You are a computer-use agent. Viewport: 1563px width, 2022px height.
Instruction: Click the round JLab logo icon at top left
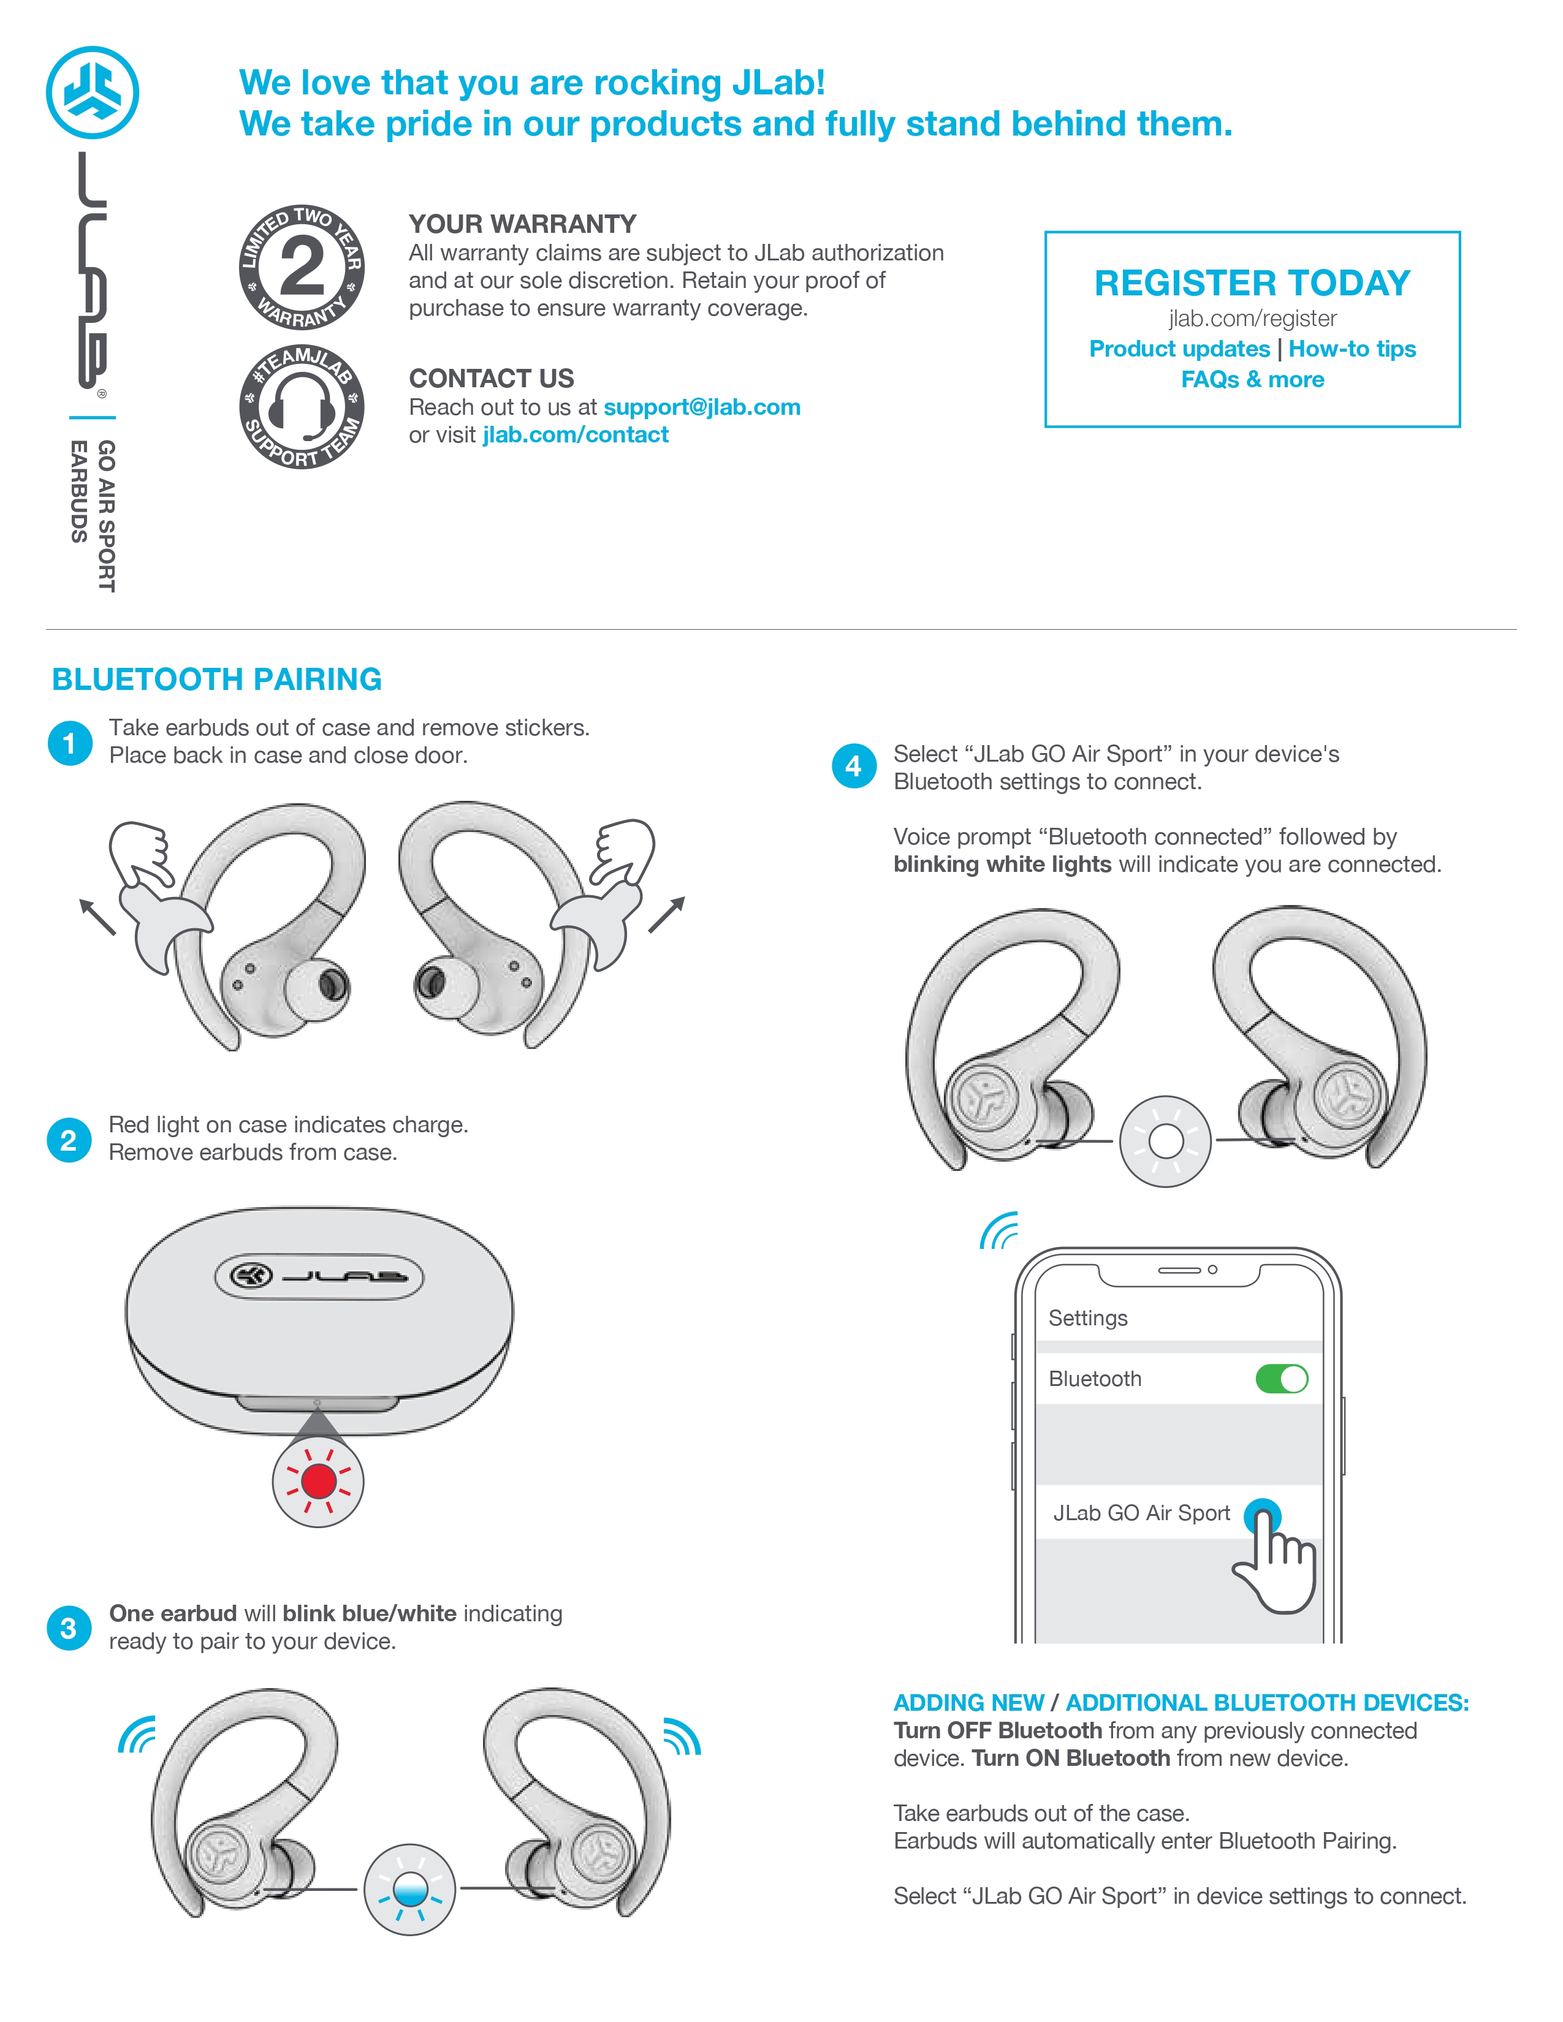pos(92,93)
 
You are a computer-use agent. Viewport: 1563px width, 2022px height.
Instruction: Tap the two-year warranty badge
pos(302,268)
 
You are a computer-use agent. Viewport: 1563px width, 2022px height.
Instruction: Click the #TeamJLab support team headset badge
pos(302,406)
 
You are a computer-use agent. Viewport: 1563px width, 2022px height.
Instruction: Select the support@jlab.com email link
pos(702,407)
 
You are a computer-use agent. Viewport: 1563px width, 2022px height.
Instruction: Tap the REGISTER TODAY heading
pos(1252,283)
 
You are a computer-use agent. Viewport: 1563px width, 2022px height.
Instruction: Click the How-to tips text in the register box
pos(1352,349)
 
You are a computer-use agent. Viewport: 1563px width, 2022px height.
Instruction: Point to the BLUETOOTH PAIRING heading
pos(216,680)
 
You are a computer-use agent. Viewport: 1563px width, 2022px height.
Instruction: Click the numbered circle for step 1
pos(69,743)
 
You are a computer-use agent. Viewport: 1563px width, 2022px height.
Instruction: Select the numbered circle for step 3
pos(69,1629)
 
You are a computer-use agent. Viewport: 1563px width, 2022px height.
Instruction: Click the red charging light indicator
pos(319,1482)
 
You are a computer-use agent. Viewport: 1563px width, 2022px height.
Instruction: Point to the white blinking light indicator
pos(1165,1142)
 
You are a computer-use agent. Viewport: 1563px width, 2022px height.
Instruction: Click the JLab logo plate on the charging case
pos(319,1277)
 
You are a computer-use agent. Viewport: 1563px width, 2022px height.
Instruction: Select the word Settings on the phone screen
pos(1088,1319)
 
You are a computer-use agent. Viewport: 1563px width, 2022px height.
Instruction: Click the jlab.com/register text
pos(1252,319)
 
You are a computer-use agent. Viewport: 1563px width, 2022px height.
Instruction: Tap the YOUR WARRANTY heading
pos(522,224)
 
